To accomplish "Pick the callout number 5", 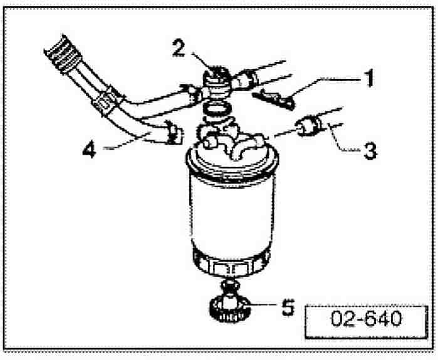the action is (x=288, y=307).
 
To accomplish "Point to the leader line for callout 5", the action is (x=263, y=306).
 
